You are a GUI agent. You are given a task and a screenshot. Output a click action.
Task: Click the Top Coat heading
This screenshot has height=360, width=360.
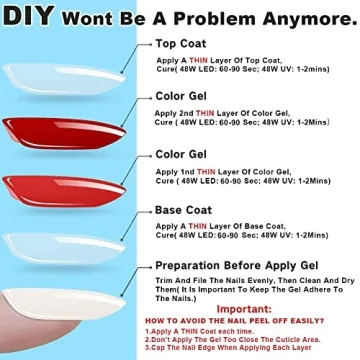[x=181, y=45]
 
